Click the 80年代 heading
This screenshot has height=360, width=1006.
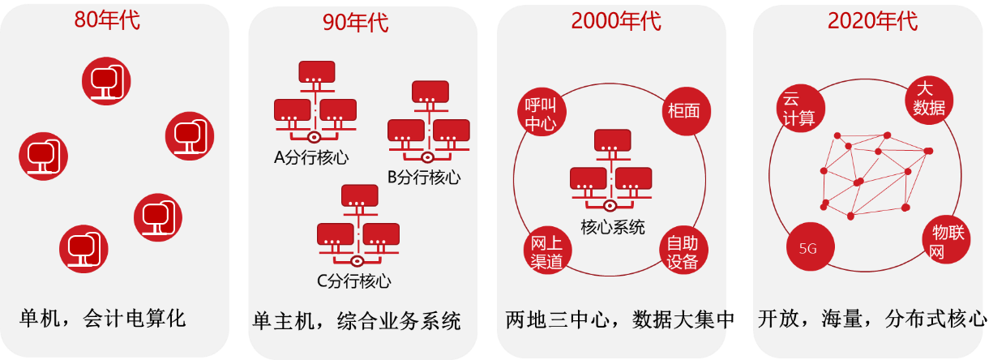pyautogui.click(x=107, y=20)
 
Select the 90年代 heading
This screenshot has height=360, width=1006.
pyautogui.click(x=355, y=23)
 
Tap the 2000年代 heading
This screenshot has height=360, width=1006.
pyautogui.click(x=616, y=21)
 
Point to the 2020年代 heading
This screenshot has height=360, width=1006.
pyautogui.click(x=872, y=21)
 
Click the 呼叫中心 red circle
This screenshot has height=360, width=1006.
pyautogui.click(x=541, y=114)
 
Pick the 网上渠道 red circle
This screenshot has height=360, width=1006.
pyautogui.click(x=546, y=251)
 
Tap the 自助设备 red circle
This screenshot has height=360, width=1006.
pyautogui.click(x=683, y=251)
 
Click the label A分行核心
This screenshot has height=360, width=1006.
pyautogui.click(x=311, y=157)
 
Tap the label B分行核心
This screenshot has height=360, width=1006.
pyautogui.click(x=424, y=176)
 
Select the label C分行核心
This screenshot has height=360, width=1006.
pyautogui.click(x=353, y=281)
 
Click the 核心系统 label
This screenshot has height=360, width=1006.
pyautogui.click(x=613, y=227)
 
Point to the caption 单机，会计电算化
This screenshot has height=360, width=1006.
pyautogui.click(x=103, y=318)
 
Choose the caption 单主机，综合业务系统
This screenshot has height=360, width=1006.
pyautogui.click(x=357, y=320)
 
